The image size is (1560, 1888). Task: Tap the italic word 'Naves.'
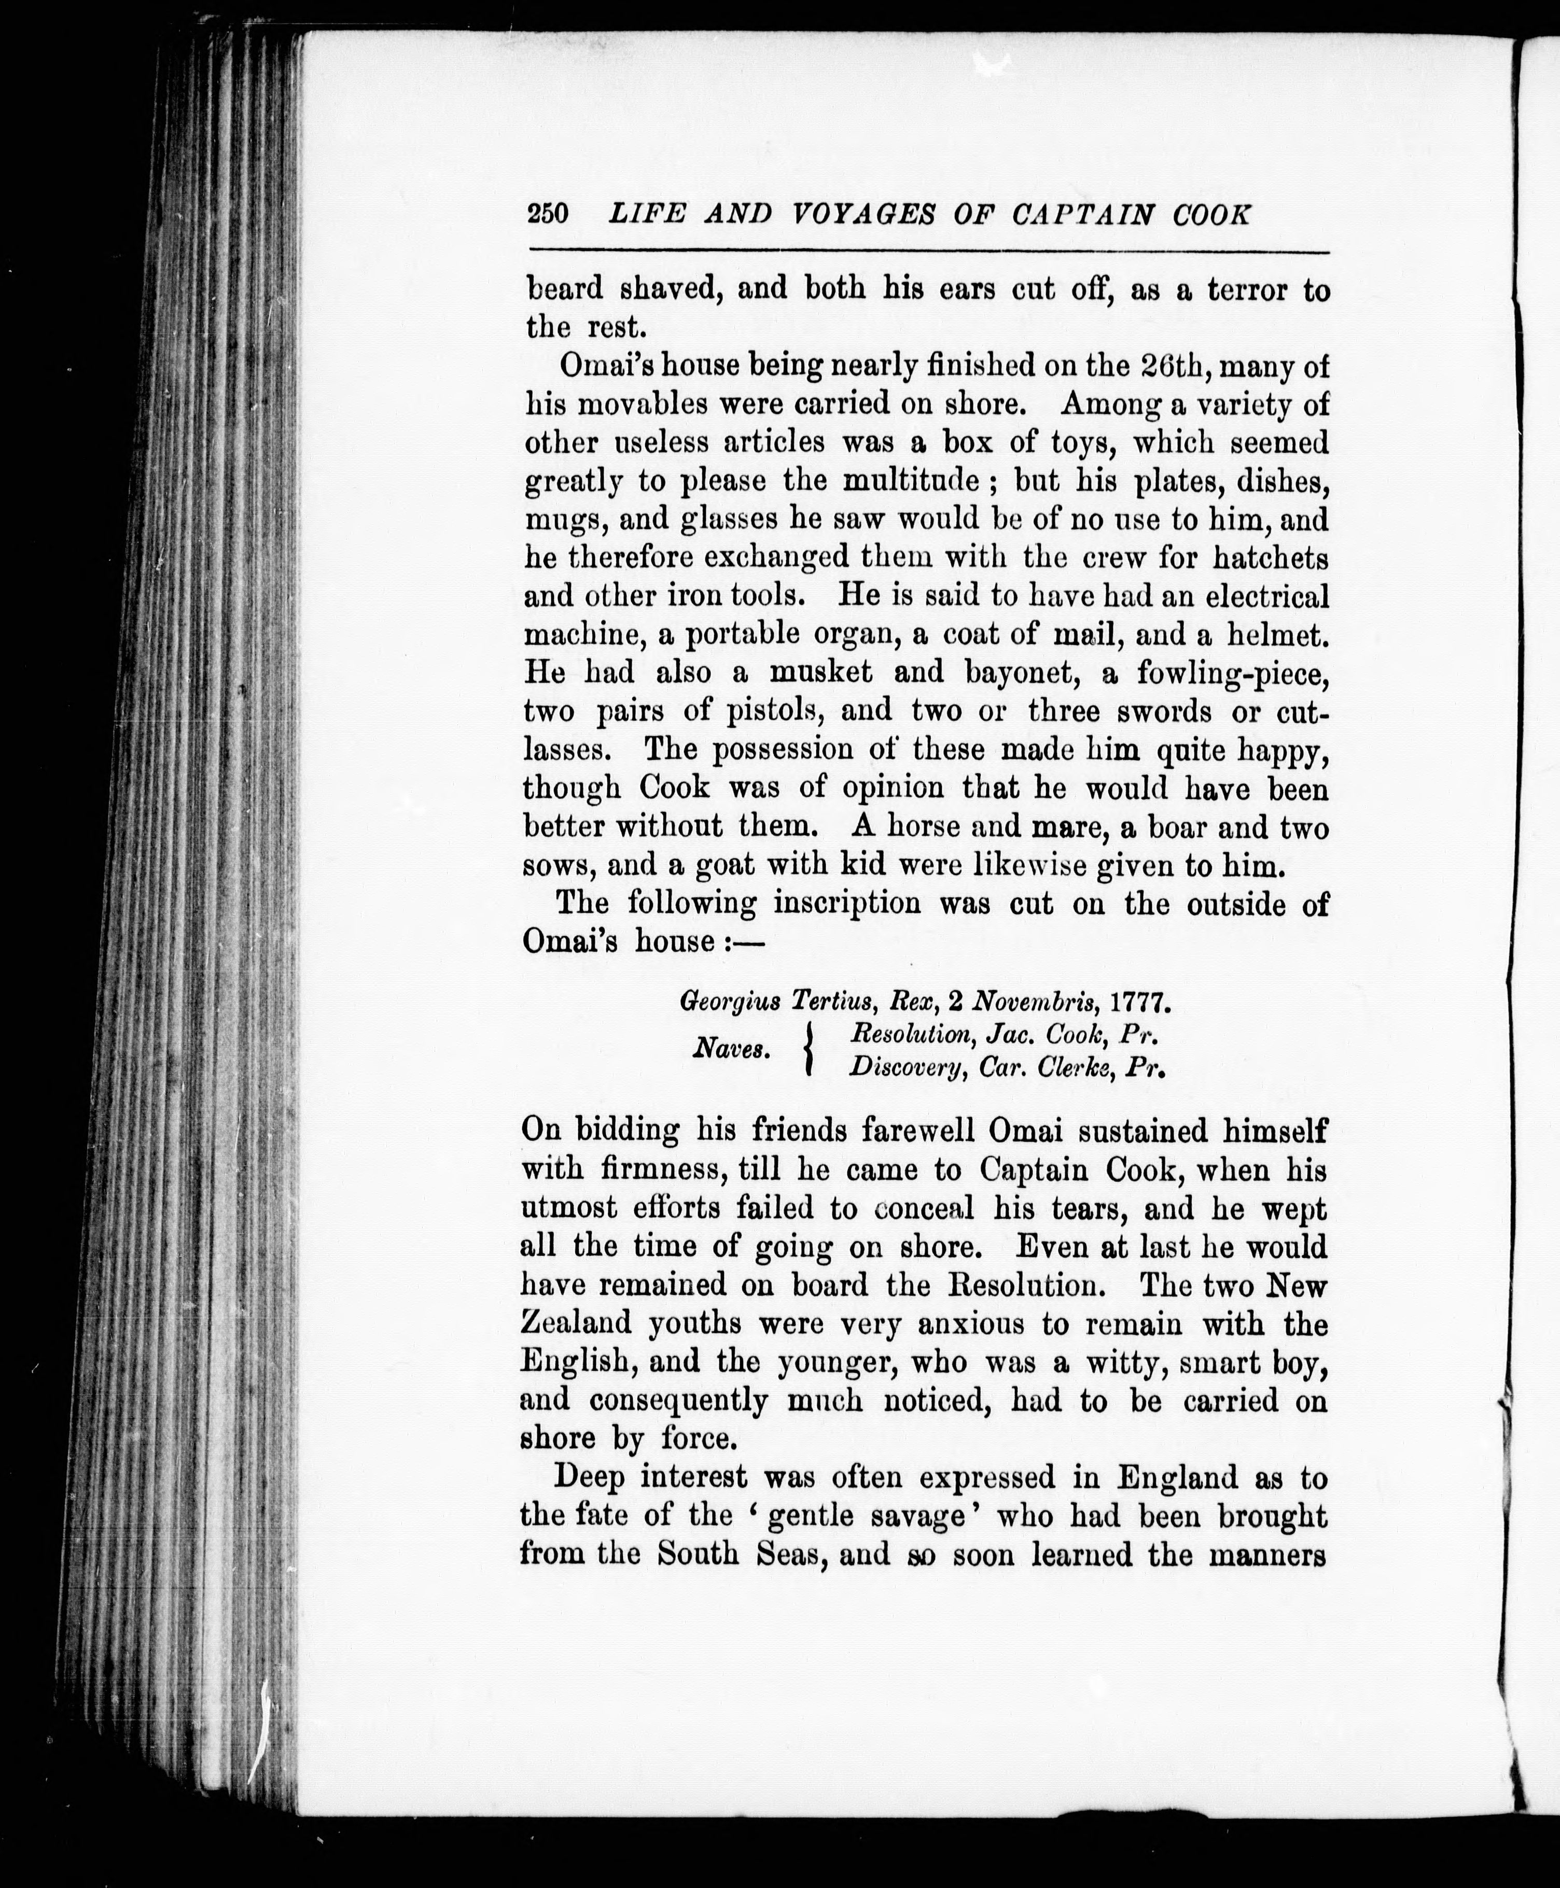(731, 1049)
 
